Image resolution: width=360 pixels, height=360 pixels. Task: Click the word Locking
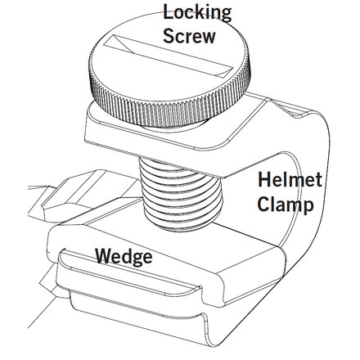196,12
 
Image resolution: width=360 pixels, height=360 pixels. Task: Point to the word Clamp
286,205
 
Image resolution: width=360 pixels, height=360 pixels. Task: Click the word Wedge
124,257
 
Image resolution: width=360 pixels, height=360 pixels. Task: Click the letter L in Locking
169,12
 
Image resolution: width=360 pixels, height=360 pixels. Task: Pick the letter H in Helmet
263,181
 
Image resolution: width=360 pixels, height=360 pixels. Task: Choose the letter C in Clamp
263,205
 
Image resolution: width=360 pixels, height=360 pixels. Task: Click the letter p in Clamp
308,207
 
